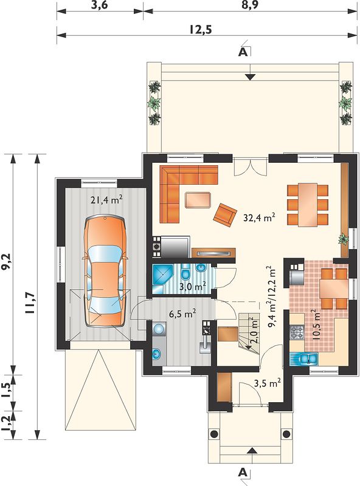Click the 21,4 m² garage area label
point(106,200)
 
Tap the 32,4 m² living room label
point(260,218)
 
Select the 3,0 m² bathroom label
point(193,287)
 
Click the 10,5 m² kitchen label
point(316,326)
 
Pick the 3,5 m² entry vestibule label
point(268,384)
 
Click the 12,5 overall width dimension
point(200,29)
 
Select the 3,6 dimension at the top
point(99,5)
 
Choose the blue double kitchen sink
point(304,359)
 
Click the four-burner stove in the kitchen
point(297,333)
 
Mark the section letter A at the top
point(243,52)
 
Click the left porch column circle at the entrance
point(214,434)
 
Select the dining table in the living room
point(308,205)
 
